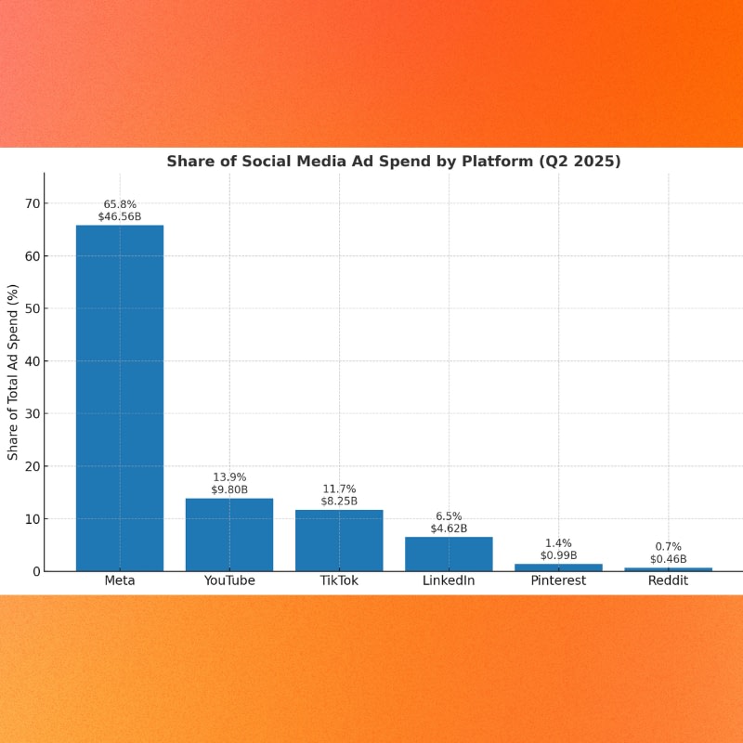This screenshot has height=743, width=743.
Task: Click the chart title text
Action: [394, 162]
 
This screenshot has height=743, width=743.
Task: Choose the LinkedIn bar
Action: [449, 554]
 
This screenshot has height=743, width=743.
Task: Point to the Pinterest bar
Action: [558, 567]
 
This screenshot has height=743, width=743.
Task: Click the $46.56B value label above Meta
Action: [120, 216]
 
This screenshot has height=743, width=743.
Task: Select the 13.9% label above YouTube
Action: [229, 476]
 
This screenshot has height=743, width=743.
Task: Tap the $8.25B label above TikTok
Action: [339, 501]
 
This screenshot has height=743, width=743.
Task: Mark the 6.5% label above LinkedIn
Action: [449, 515]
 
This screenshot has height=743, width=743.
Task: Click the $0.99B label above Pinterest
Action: [558, 555]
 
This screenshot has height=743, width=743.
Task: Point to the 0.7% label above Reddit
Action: [668, 546]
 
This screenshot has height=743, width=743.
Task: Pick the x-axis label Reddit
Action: [668, 581]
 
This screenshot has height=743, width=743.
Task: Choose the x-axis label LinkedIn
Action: [449, 581]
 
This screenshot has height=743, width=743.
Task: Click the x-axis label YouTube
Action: [229, 581]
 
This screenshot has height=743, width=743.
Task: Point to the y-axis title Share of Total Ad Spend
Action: [13, 371]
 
